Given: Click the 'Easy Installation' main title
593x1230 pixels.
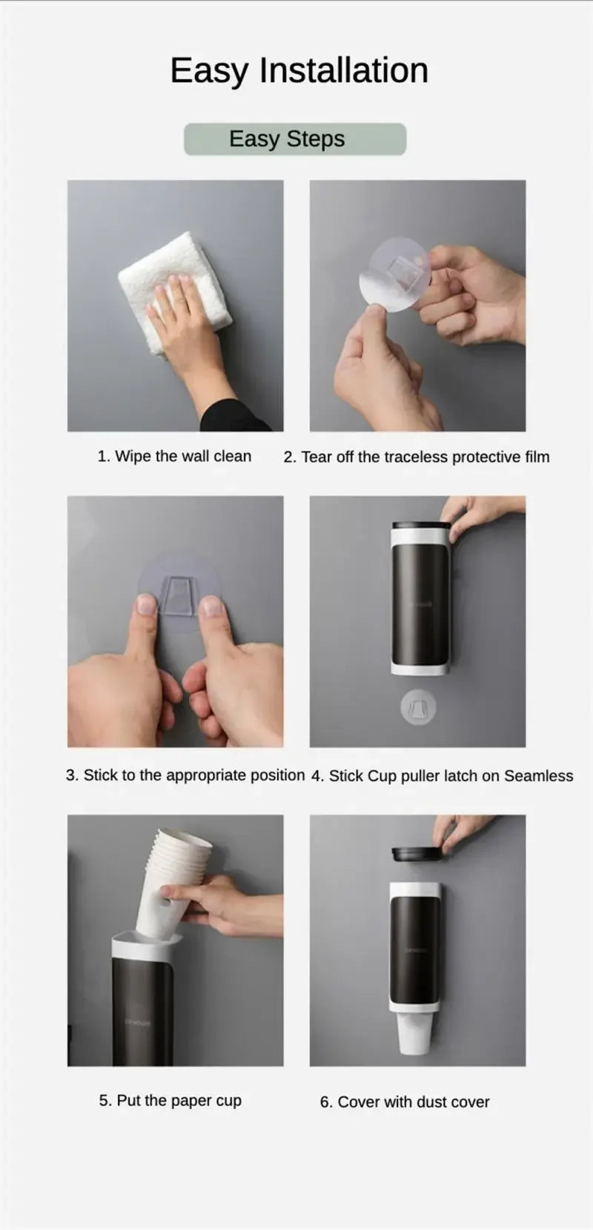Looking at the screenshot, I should coord(299,71).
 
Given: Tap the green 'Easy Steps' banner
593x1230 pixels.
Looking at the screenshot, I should coord(294,139).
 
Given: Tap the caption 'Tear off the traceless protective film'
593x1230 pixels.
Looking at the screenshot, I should coord(417,457).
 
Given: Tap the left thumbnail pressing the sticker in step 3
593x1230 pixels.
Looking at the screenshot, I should coord(147,606).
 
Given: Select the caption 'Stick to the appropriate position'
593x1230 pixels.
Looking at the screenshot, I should coord(185,776).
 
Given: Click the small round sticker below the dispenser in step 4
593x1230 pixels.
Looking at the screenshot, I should coord(418,707).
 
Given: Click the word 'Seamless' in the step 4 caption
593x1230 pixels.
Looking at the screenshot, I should coord(538,776).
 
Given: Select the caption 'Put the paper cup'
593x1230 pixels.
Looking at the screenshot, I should coord(170,1101).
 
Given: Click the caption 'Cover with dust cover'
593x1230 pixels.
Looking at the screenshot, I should coord(405,1102).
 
